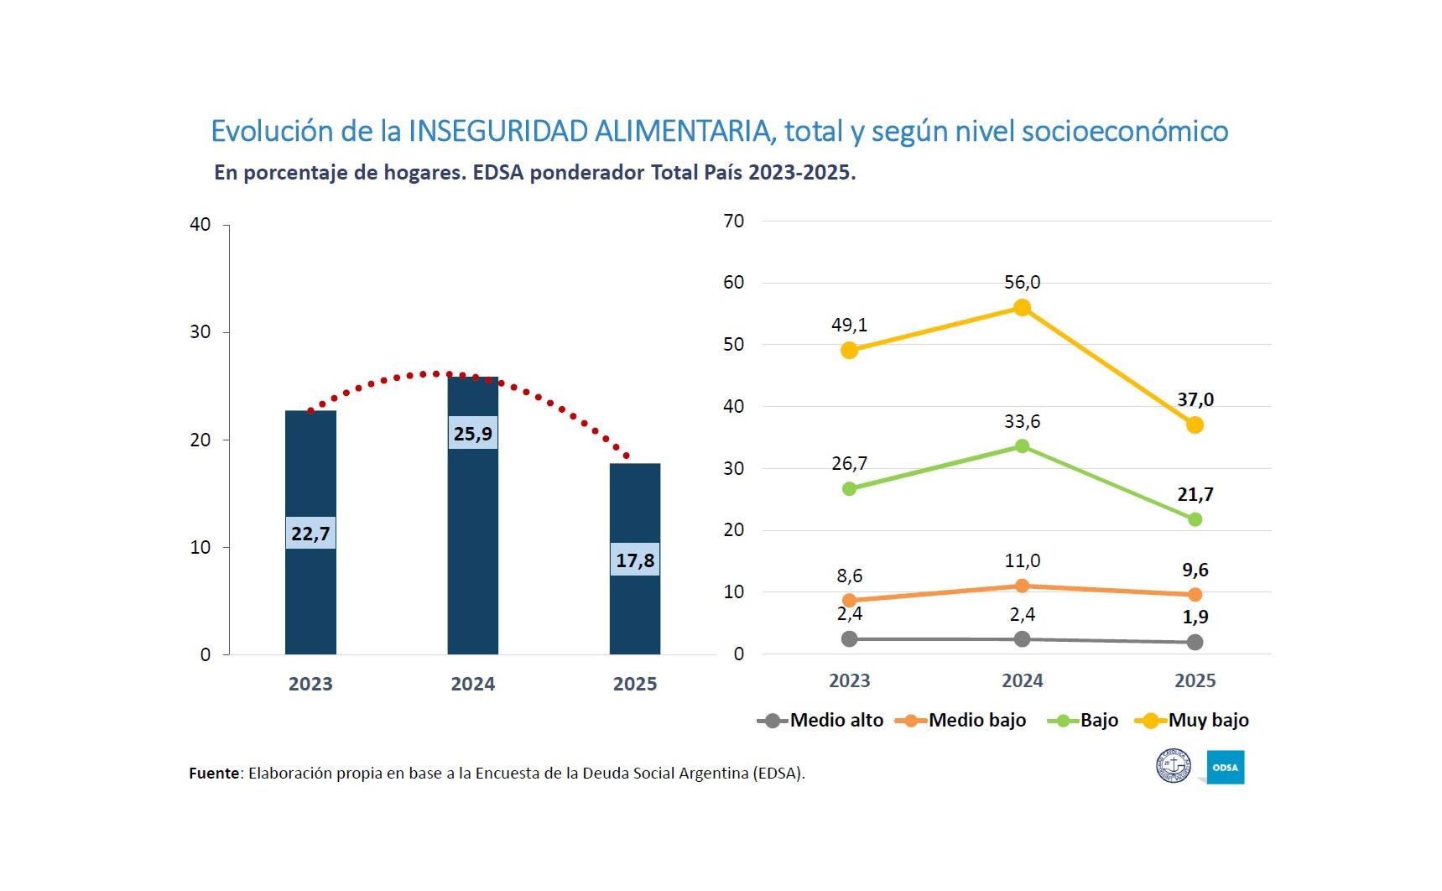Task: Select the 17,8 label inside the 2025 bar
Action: (x=635, y=560)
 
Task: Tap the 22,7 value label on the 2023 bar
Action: (x=310, y=534)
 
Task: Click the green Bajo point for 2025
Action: (x=1195, y=519)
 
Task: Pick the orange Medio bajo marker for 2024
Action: (x=1022, y=586)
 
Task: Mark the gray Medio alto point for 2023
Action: (x=849, y=638)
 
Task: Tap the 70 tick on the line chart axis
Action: (x=734, y=221)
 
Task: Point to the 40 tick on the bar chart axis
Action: (x=200, y=225)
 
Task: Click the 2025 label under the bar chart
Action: (x=635, y=684)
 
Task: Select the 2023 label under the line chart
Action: (x=849, y=680)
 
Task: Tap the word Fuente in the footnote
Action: (x=214, y=773)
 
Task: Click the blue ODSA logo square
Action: (x=1226, y=767)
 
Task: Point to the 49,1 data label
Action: (x=849, y=325)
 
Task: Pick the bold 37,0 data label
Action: (x=1195, y=399)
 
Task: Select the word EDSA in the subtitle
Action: (x=498, y=173)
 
